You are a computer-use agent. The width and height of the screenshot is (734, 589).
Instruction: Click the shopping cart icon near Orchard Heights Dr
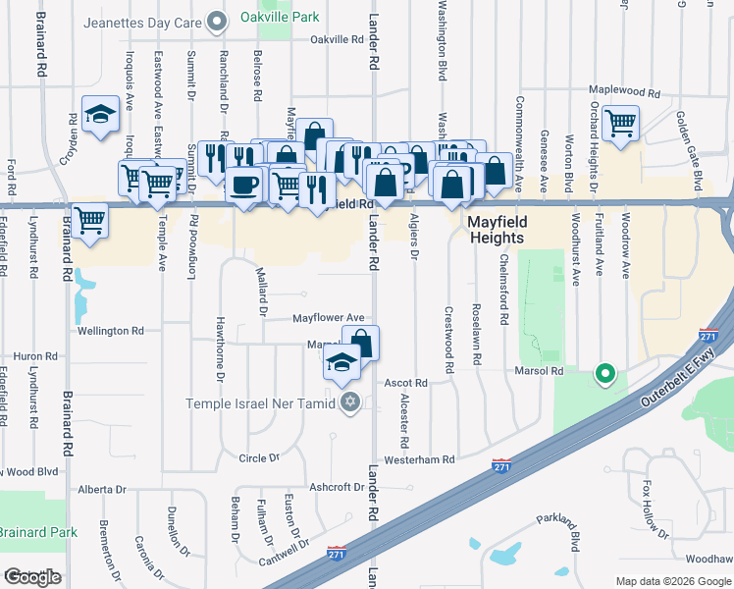tap(620, 125)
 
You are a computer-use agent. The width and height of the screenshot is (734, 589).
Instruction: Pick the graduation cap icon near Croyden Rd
tap(99, 116)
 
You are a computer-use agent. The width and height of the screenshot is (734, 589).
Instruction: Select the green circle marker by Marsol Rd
tap(605, 373)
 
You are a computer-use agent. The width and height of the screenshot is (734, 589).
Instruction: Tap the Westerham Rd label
tap(420, 459)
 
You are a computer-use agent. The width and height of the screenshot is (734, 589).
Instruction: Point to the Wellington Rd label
tap(111, 331)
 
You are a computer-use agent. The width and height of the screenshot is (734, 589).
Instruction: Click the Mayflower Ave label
tap(329, 318)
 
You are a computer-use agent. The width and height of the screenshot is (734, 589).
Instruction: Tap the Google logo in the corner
tap(32, 576)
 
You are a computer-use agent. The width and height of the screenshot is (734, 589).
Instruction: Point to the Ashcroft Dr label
tap(337, 487)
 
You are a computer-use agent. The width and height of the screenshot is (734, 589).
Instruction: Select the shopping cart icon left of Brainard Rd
tap(89, 220)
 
